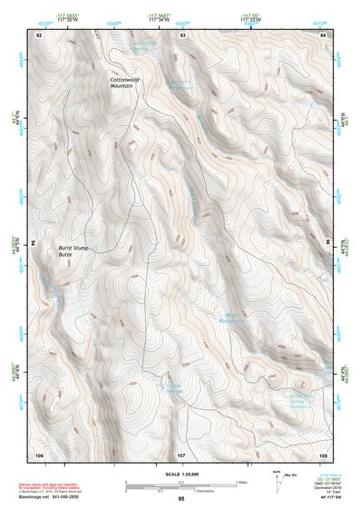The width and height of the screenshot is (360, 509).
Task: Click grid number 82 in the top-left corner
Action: click(x=39, y=34)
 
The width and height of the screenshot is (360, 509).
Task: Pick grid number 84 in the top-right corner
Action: click(x=324, y=34)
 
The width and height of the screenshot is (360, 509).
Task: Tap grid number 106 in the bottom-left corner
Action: click(x=39, y=453)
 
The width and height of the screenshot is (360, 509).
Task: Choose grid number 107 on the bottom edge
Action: click(x=181, y=453)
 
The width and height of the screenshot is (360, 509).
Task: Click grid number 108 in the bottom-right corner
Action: click(x=323, y=453)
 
